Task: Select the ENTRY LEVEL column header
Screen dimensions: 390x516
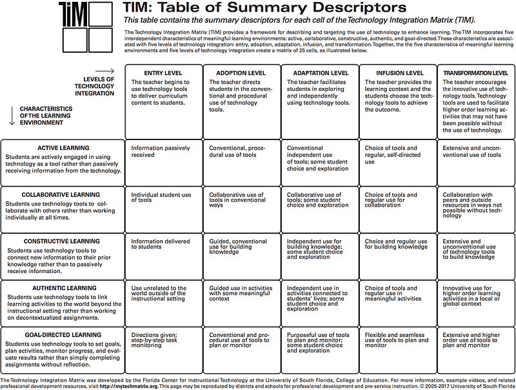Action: (x=147, y=74)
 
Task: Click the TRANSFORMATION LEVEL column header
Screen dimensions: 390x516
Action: (x=475, y=74)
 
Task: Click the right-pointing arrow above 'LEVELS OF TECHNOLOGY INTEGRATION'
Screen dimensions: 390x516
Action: (x=104, y=71)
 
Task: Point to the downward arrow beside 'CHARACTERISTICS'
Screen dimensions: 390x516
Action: (x=11, y=114)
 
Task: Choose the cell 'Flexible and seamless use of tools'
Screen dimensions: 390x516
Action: (x=395, y=340)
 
